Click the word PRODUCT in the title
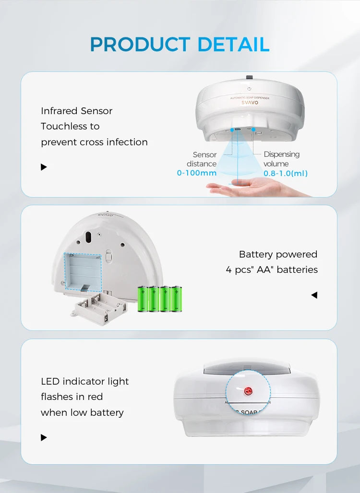[x=140, y=44]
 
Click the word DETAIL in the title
[x=233, y=44]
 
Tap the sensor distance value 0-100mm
[x=197, y=173]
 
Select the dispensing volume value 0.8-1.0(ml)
[x=286, y=173]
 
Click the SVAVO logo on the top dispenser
[x=250, y=103]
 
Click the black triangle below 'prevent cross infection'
[x=44, y=167]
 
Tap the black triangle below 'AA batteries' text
[x=314, y=295]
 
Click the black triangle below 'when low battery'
[x=44, y=437]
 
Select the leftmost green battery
[x=143, y=299]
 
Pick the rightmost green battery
[x=177, y=299]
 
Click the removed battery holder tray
[x=99, y=308]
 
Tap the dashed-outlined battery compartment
[x=83, y=271]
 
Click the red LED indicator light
[x=248, y=391]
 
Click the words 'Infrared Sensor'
[x=76, y=111]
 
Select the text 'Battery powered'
[x=278, y=254]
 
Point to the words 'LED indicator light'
[x=84, y=381]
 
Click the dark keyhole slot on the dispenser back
[x=88, y=237]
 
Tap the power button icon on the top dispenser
[x=249, y=89]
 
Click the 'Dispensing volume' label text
[x=281, y=159]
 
